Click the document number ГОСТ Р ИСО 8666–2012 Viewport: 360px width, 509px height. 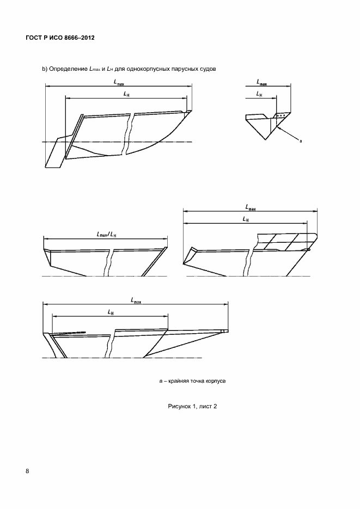click(60, 38)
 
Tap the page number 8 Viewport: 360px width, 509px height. click(27, 471)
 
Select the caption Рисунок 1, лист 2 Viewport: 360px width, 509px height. click(192, 406)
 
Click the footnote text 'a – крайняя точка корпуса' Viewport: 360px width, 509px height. click(192, 381)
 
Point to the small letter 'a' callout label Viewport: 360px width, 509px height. click(301, 141)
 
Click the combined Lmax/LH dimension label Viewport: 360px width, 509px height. click(106, 234)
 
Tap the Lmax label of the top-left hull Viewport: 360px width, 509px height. click(119, 82)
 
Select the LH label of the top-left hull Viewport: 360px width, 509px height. click(126, 94)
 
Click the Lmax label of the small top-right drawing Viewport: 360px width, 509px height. click(261, 82)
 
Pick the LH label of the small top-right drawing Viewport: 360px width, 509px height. click(259, 94)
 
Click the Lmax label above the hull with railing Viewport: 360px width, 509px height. click(251, 207)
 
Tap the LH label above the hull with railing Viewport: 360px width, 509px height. click(246, 219)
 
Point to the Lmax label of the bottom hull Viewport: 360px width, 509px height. click(136, 301)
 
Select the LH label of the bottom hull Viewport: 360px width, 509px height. click(111, 312)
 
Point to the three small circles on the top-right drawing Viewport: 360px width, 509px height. click(281, 115)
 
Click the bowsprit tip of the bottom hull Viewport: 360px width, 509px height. click(227, 331)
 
